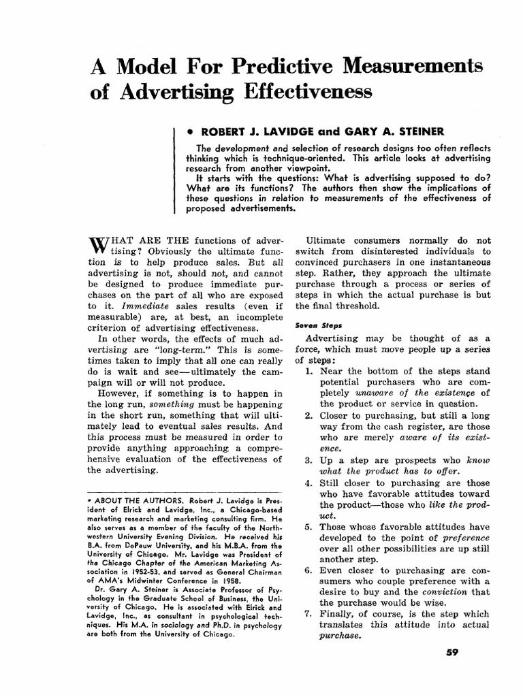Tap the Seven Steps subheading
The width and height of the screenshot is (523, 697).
[313, 325]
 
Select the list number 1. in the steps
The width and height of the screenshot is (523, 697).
[310, 371]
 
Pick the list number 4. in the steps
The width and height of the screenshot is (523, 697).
[310, 483]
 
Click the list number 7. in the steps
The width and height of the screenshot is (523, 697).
[310, 613]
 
